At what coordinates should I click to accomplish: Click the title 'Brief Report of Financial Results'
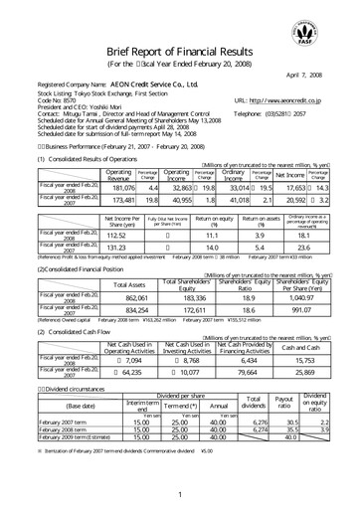pyautogui.click(x=180, y=53)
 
